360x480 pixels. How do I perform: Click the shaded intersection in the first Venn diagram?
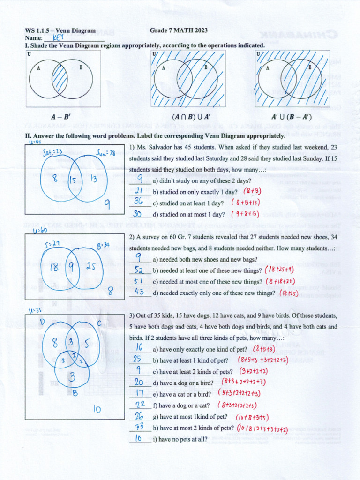point(60,78)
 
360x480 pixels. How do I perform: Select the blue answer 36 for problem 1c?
point(139,202)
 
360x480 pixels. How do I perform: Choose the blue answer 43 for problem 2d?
point(139,292)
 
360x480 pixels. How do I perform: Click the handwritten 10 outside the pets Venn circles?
point(97,409)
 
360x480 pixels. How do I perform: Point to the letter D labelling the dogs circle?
point(42,322)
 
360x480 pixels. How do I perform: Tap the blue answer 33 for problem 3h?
point(139,427)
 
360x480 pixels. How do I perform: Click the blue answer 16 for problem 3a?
point(139,348)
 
